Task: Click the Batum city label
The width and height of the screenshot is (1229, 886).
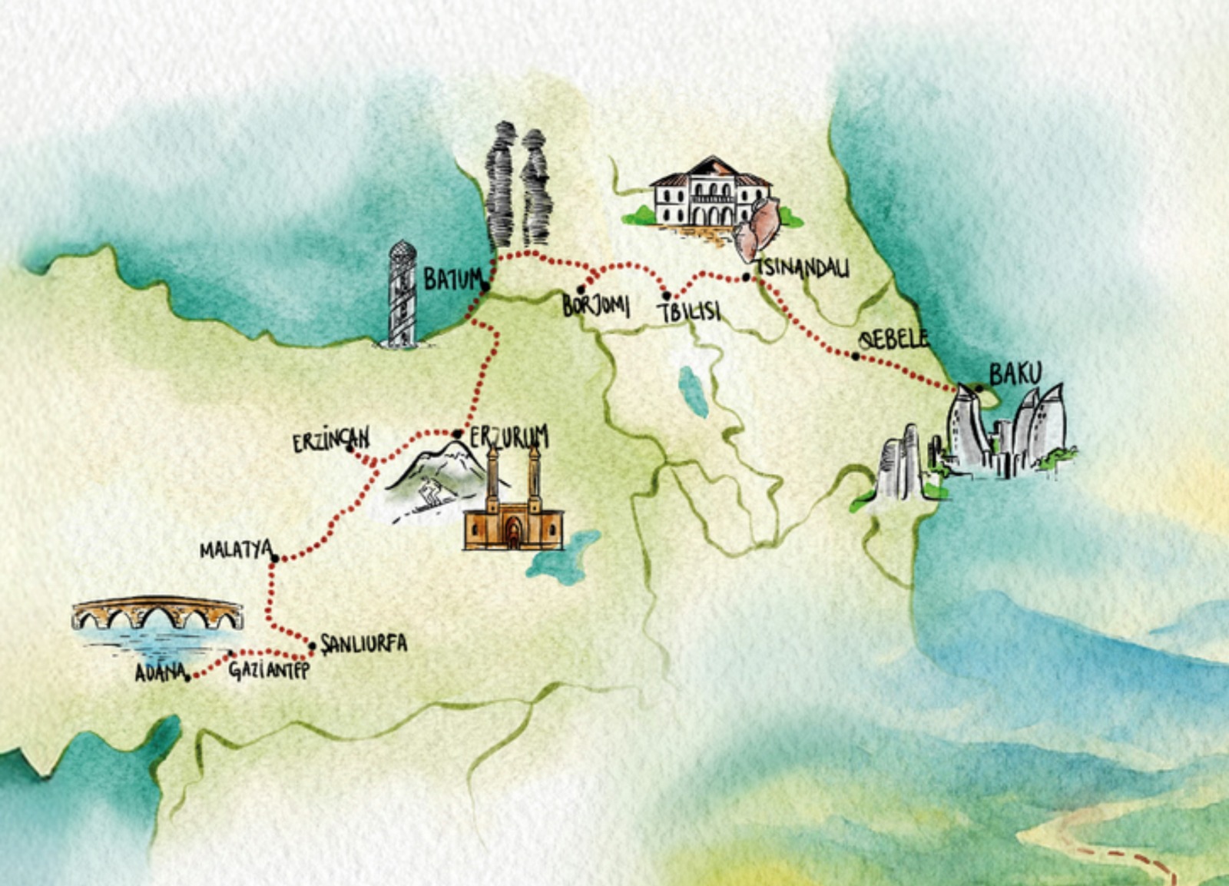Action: coord(453,279)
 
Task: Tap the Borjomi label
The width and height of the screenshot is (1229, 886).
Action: coord(596,305)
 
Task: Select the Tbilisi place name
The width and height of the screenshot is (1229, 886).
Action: coord(689,311)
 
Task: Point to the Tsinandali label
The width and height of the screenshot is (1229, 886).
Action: coord(803,268)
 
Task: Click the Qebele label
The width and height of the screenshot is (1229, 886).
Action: coord(893,339)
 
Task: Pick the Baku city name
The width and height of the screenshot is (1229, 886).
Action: coord(1015,374)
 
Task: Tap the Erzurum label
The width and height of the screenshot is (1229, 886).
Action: coord(509,436)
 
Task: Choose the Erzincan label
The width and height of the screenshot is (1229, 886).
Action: coord(331,440)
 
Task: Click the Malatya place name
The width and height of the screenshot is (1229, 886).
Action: coord(236,550)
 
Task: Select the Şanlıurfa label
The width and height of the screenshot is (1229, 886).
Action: coord(363,643)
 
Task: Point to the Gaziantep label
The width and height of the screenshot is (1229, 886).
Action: coord(269,670)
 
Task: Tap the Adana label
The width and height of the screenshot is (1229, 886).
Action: coord(161,672)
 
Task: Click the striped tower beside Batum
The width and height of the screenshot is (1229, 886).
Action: coord(402,294)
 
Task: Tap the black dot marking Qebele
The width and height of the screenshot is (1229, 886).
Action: coord(856,356)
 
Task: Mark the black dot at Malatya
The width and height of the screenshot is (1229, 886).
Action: coord(274,559)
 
